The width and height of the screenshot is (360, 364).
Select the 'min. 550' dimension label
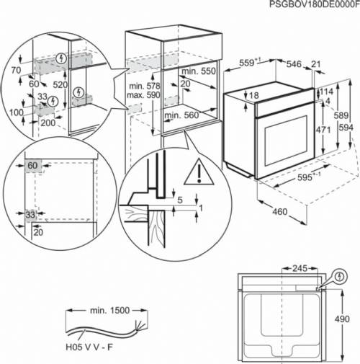tap(197, 73)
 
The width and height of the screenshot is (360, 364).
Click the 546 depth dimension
tap(294, 64)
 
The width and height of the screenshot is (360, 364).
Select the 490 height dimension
tap(348, 319)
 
